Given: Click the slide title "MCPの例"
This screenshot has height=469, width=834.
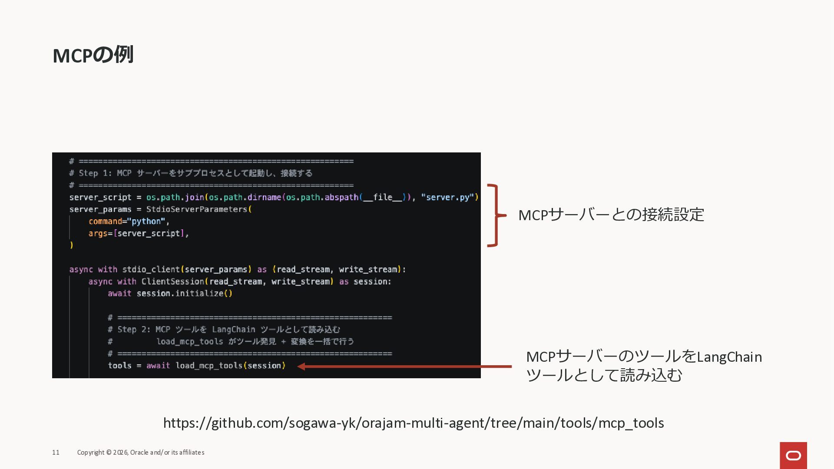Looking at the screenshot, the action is pos(93,55).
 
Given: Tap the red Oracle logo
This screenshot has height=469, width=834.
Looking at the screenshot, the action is pos(793,455).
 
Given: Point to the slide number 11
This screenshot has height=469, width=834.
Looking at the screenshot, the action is pos(56,452).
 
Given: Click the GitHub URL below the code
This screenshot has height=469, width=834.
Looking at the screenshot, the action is pos(413,423).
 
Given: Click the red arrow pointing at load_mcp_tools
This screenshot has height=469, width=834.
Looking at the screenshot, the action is pos(404,367).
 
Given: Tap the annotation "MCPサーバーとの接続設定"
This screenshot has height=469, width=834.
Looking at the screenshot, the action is pos(611,215).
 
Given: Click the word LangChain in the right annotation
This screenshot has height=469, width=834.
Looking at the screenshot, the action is pos(729,357).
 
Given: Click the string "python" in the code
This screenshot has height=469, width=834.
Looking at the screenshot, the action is pos(146,221).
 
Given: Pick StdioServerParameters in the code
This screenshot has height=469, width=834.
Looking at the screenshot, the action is pos(197,209).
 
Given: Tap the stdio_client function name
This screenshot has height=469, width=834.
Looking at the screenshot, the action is pos(151,269).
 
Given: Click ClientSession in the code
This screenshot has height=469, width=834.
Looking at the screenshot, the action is pos(172,281).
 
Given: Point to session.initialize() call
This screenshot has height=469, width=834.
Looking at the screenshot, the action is pos(184,294).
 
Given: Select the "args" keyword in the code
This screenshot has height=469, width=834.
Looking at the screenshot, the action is pos(98,234).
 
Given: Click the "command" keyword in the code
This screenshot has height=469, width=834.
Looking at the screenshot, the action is pos(105,221).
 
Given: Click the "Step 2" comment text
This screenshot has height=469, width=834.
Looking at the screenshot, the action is pos(224,330).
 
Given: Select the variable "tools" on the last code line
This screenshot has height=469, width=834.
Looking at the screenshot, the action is pos(119,366).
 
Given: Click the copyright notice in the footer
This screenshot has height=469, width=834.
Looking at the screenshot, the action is pos(141,452).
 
